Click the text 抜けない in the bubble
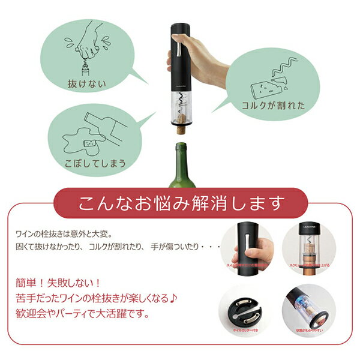click(x=88, y=83)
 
